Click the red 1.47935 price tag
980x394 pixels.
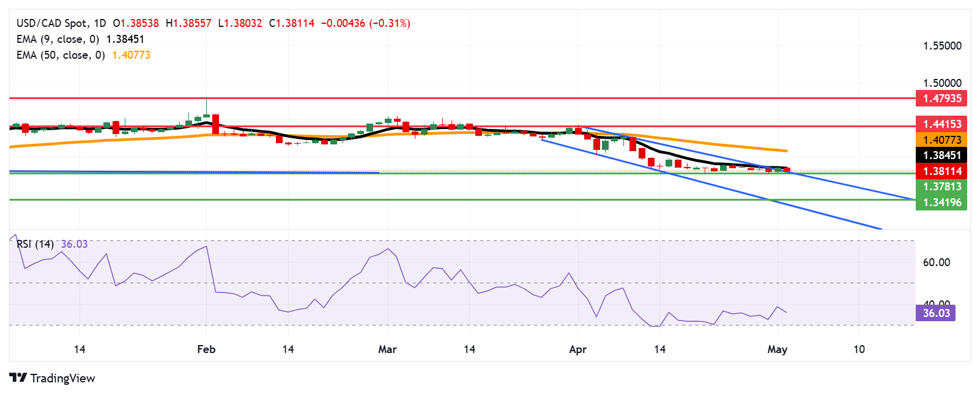941,98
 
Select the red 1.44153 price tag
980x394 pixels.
941,124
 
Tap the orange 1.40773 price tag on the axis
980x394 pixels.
941,140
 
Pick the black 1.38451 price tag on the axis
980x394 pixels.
941,155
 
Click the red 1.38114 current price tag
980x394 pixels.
941,171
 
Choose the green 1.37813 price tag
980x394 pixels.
941,187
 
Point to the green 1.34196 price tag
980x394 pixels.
941,203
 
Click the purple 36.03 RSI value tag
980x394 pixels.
935,313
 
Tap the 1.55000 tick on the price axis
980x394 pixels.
942,46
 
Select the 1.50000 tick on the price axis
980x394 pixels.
942,83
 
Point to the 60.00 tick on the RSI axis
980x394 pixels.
936,262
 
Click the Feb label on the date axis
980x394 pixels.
206,349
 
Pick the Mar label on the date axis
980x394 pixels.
387,349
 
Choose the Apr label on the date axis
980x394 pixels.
577,349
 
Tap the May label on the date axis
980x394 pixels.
777,349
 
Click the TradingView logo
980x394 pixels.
53,378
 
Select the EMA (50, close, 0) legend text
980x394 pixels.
61,55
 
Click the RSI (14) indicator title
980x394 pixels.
35,244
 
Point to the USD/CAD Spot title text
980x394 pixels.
52,23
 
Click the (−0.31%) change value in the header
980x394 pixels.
390,23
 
